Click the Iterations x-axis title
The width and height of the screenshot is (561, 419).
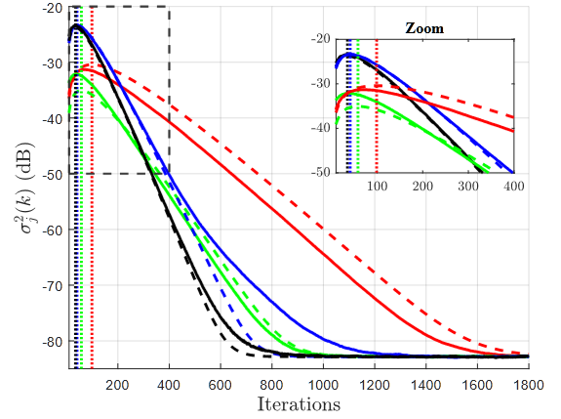pos(299,403)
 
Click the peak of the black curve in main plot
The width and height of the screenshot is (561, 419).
pos(75,26)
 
